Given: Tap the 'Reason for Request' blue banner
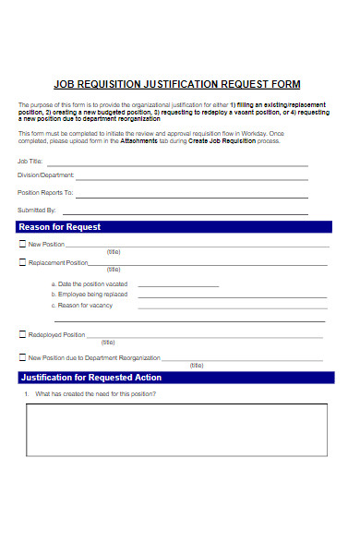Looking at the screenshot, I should point(175,227).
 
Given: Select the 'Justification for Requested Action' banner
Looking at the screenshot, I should point(175,378).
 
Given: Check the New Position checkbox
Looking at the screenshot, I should point(22,245).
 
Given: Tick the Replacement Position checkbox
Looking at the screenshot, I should point(22,262).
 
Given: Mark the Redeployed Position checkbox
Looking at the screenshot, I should point(22,334).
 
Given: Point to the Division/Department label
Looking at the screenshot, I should point(46,175).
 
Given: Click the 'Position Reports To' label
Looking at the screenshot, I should point(45,193).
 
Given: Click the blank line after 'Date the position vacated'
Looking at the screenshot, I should point(178,285).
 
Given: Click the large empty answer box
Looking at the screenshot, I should point(176,431).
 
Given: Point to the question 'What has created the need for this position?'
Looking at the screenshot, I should point(95,394).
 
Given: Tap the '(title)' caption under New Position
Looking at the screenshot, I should point(114,252).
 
